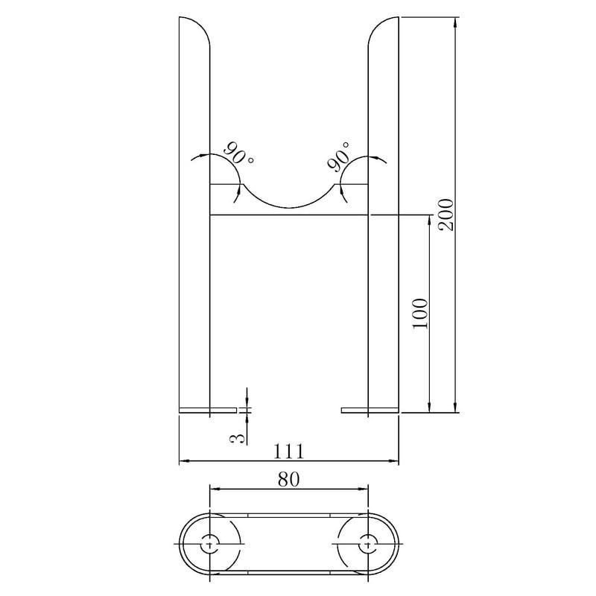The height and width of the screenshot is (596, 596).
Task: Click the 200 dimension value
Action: (446, 215)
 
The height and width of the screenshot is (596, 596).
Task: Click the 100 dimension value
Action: (420, 314)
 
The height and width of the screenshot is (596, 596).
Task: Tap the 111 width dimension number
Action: (289, 451)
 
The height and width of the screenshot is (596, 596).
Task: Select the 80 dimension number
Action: (289, 480)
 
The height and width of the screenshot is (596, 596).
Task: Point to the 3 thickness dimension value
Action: (237, 439)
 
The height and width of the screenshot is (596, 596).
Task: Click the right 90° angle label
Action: (338, 156)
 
